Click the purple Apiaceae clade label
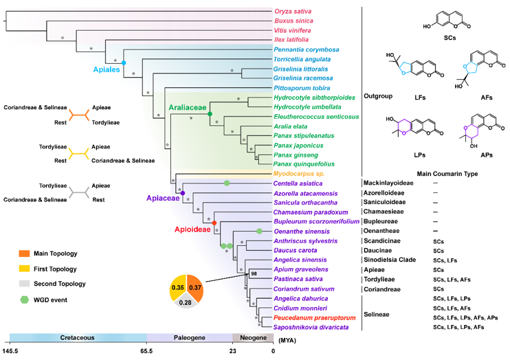163,197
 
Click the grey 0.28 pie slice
186,303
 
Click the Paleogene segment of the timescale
190,337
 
